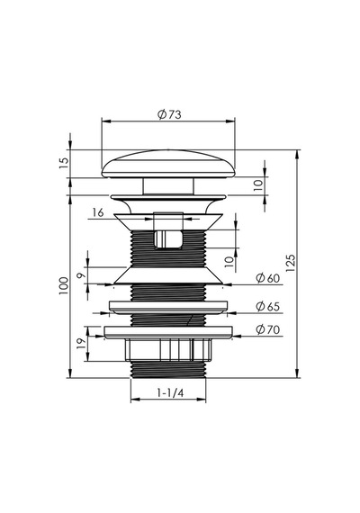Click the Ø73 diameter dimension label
(169, 114)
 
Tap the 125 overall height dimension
(291, 264)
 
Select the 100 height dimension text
(64, 285)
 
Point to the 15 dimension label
(65, 163)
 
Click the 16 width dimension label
(98, 212)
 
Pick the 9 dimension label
(80, 275)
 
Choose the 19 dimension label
(82, 343)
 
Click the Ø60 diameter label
(268, 278)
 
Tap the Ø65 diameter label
(268, 307)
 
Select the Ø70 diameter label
(268, 329)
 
